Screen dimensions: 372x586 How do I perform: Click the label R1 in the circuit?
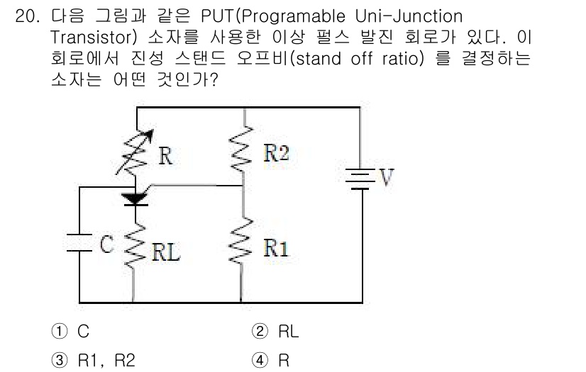pyautogui.click(x=276, y=248)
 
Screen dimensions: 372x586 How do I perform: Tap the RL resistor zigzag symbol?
pyautogui.click(x=133, y=245)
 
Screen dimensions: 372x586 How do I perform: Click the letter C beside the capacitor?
pyautogui.click(x=106, y=244)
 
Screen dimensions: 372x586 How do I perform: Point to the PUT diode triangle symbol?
pyautogui.click(x=133, y=198)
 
